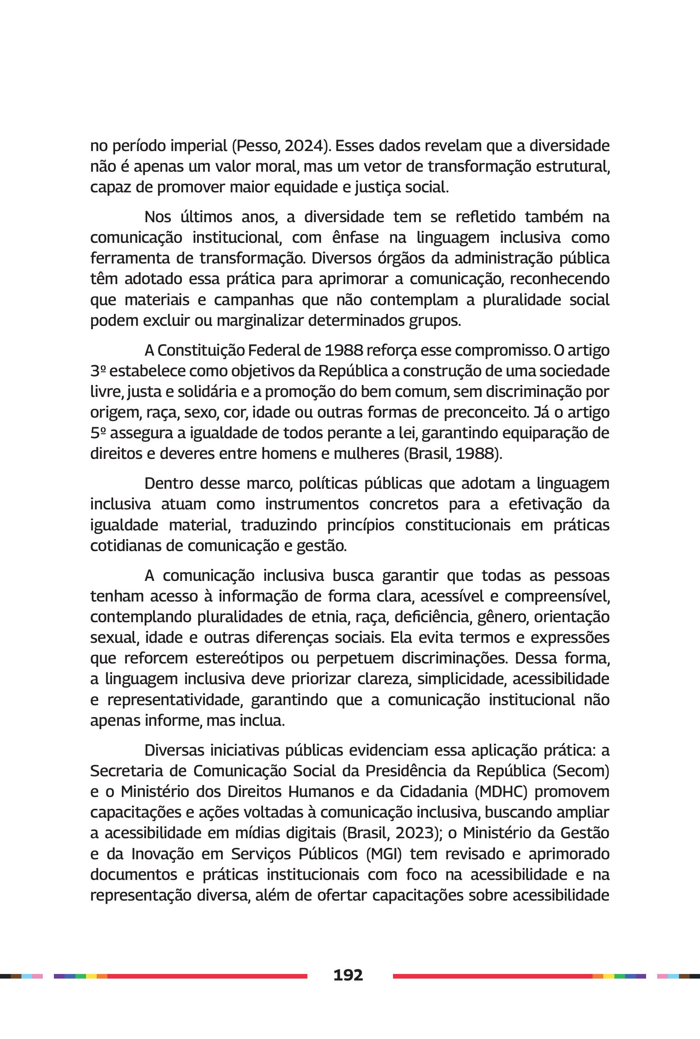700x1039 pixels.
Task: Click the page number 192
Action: [348, 975]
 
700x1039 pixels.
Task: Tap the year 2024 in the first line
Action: [304, 146]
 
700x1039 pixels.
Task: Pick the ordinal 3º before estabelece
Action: [98, 371]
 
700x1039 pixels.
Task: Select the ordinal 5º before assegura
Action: [98, 433]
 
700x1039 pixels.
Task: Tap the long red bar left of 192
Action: [208, 976]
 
